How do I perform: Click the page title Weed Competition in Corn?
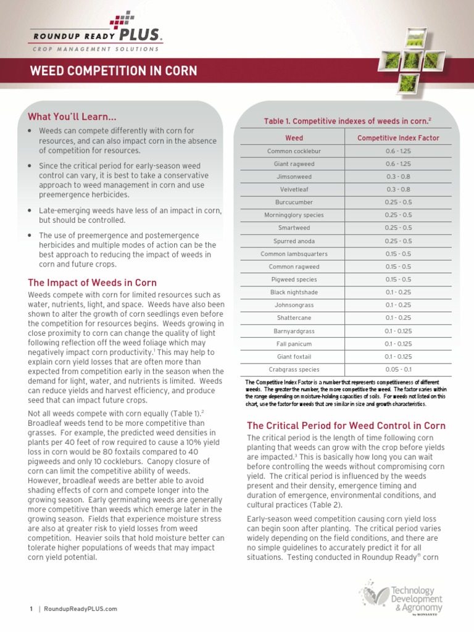click(114, 71)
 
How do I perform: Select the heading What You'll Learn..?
click(72, 117)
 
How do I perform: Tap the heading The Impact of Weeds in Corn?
click(93, 283)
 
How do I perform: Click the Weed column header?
click(294, 138)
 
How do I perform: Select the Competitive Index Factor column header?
click(398, 138)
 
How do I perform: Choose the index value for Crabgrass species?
click(398, 370)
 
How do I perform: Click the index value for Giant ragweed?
click(398, 164)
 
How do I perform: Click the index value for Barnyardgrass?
click(398, 331)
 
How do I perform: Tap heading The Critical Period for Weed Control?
click(346, 426)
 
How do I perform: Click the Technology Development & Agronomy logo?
click(401, 599)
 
